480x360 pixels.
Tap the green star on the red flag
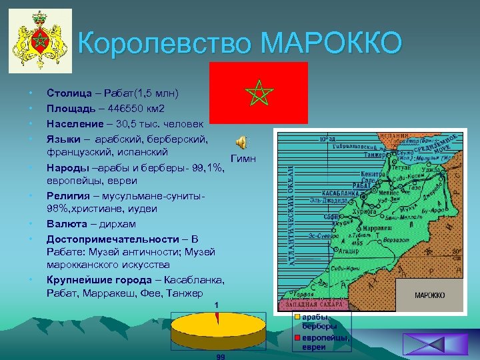[257, 93]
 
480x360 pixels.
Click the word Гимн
[243, 159]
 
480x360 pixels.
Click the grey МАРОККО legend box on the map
[430, 295]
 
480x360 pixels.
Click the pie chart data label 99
[221, 357]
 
